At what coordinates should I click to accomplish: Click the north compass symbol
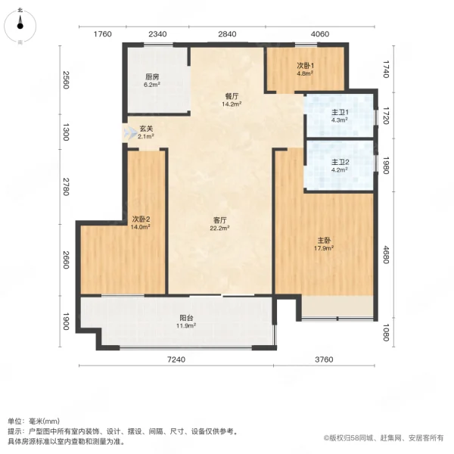[20, 26]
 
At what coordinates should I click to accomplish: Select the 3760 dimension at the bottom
[325, 359]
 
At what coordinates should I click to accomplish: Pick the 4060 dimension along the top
[320, 33]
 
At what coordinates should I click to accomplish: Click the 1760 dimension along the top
[103, 33]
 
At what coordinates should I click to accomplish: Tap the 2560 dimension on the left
[67, 79]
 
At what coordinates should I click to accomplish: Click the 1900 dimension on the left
[67, 322]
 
